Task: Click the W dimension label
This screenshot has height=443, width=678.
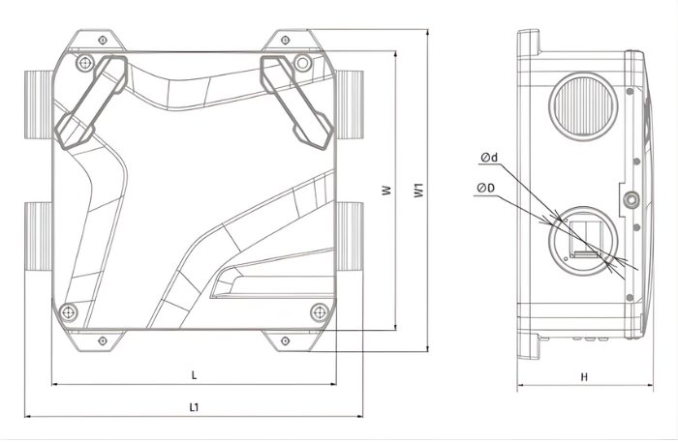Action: point(385,192)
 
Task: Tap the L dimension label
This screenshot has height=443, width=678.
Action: point(194,373)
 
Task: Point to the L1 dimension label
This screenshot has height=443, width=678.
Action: point(194,408)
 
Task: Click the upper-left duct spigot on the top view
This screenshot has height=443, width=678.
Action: point(37,98)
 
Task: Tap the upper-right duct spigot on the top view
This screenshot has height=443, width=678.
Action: point(349,98)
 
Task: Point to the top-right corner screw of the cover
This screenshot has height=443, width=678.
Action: point(303,63)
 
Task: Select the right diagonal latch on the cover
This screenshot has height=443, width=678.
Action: point(295,101)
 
